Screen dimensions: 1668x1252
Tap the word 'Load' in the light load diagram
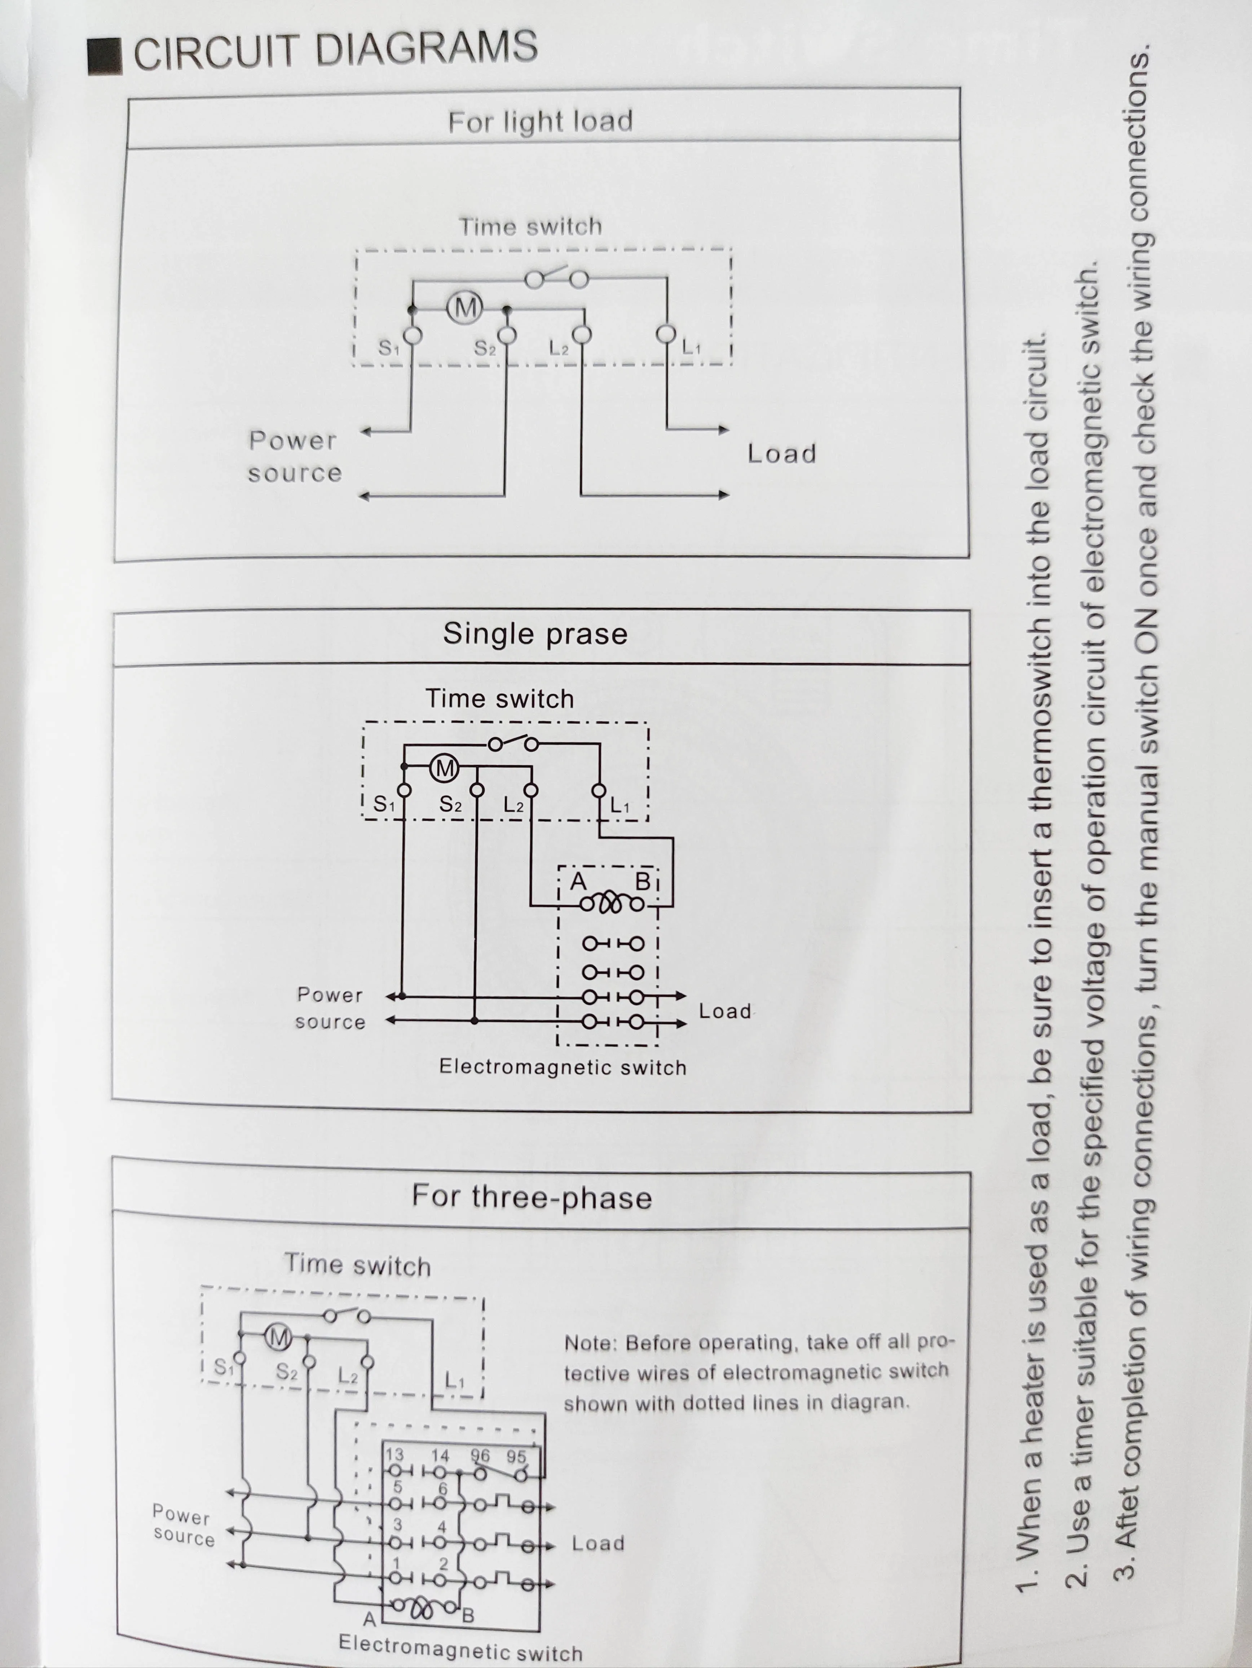(x=782, y=453)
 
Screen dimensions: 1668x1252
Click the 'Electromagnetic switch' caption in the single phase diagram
(x=562, y=1067)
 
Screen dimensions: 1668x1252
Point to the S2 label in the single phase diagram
(x=450, y=804)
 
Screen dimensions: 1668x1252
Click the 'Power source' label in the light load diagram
(x=294, y=456)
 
